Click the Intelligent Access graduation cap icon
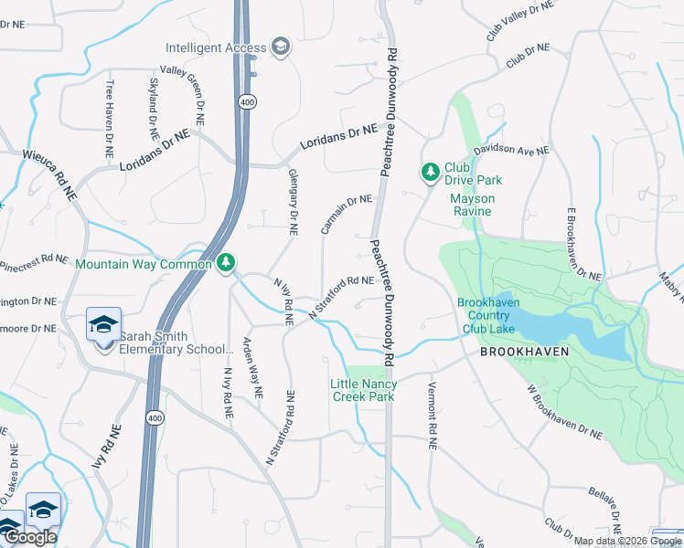tap(281, 47)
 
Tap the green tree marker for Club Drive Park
tap(430, 171)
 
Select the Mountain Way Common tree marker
tap(226, 264)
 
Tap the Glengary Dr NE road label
tap(294, 203)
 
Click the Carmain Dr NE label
tap(347, 212)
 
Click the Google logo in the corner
tap(29, 537)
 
